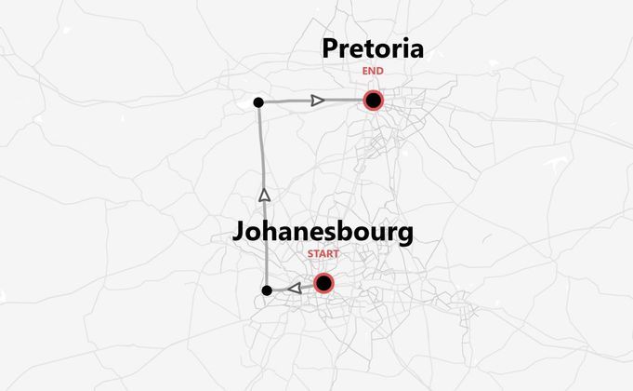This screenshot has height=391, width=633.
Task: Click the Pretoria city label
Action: point(373,49)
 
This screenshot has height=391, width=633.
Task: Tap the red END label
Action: point(373,71)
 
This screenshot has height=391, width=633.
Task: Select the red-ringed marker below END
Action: point(374,101)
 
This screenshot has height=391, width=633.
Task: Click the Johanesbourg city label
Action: point(323,233)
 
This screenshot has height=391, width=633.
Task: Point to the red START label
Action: point(323,253)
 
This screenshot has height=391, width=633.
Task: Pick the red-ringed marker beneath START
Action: point(323,283)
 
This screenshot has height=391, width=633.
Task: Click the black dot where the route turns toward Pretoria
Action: point(258,101)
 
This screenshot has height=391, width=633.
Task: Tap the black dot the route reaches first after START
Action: point(267,291)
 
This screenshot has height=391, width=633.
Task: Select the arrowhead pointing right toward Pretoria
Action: point(318,100)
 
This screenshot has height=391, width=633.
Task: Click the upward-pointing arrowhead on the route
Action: point(264,195)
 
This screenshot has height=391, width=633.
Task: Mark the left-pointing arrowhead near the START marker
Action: point(295,289)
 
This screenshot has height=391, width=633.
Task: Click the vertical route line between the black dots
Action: point(262,149)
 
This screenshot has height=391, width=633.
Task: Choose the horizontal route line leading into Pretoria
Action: point(288,101)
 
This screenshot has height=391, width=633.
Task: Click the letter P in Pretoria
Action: point(331,49)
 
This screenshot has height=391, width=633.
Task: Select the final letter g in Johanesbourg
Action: point(404,236)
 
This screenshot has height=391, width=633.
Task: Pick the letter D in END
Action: point(379,71)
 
